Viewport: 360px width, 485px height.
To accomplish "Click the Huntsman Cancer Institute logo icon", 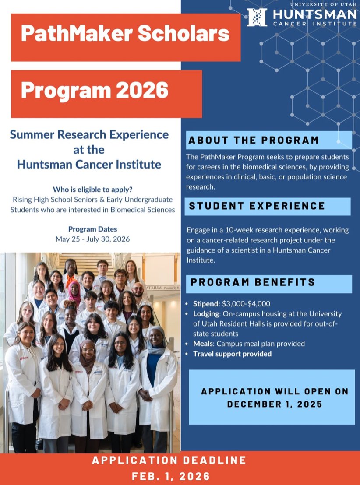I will point(257,17).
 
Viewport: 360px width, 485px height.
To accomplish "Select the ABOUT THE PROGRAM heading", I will point(254,141).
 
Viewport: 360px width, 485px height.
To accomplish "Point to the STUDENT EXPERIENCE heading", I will point(257,206).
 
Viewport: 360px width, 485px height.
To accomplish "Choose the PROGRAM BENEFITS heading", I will point(253,282).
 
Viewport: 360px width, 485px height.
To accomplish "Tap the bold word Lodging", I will point(206,314).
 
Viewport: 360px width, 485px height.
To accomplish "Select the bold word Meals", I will point(204,344).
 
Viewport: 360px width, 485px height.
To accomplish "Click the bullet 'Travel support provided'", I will point(232,354).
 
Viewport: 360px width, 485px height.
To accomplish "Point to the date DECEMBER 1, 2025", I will point(275,404).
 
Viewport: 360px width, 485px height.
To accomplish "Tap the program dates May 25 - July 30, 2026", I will point(92,239).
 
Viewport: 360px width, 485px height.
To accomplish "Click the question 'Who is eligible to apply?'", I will point(92,190).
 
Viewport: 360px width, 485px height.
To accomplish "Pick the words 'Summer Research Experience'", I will point(89,134).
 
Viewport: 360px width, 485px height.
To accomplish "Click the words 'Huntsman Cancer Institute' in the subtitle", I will point(89,165).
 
